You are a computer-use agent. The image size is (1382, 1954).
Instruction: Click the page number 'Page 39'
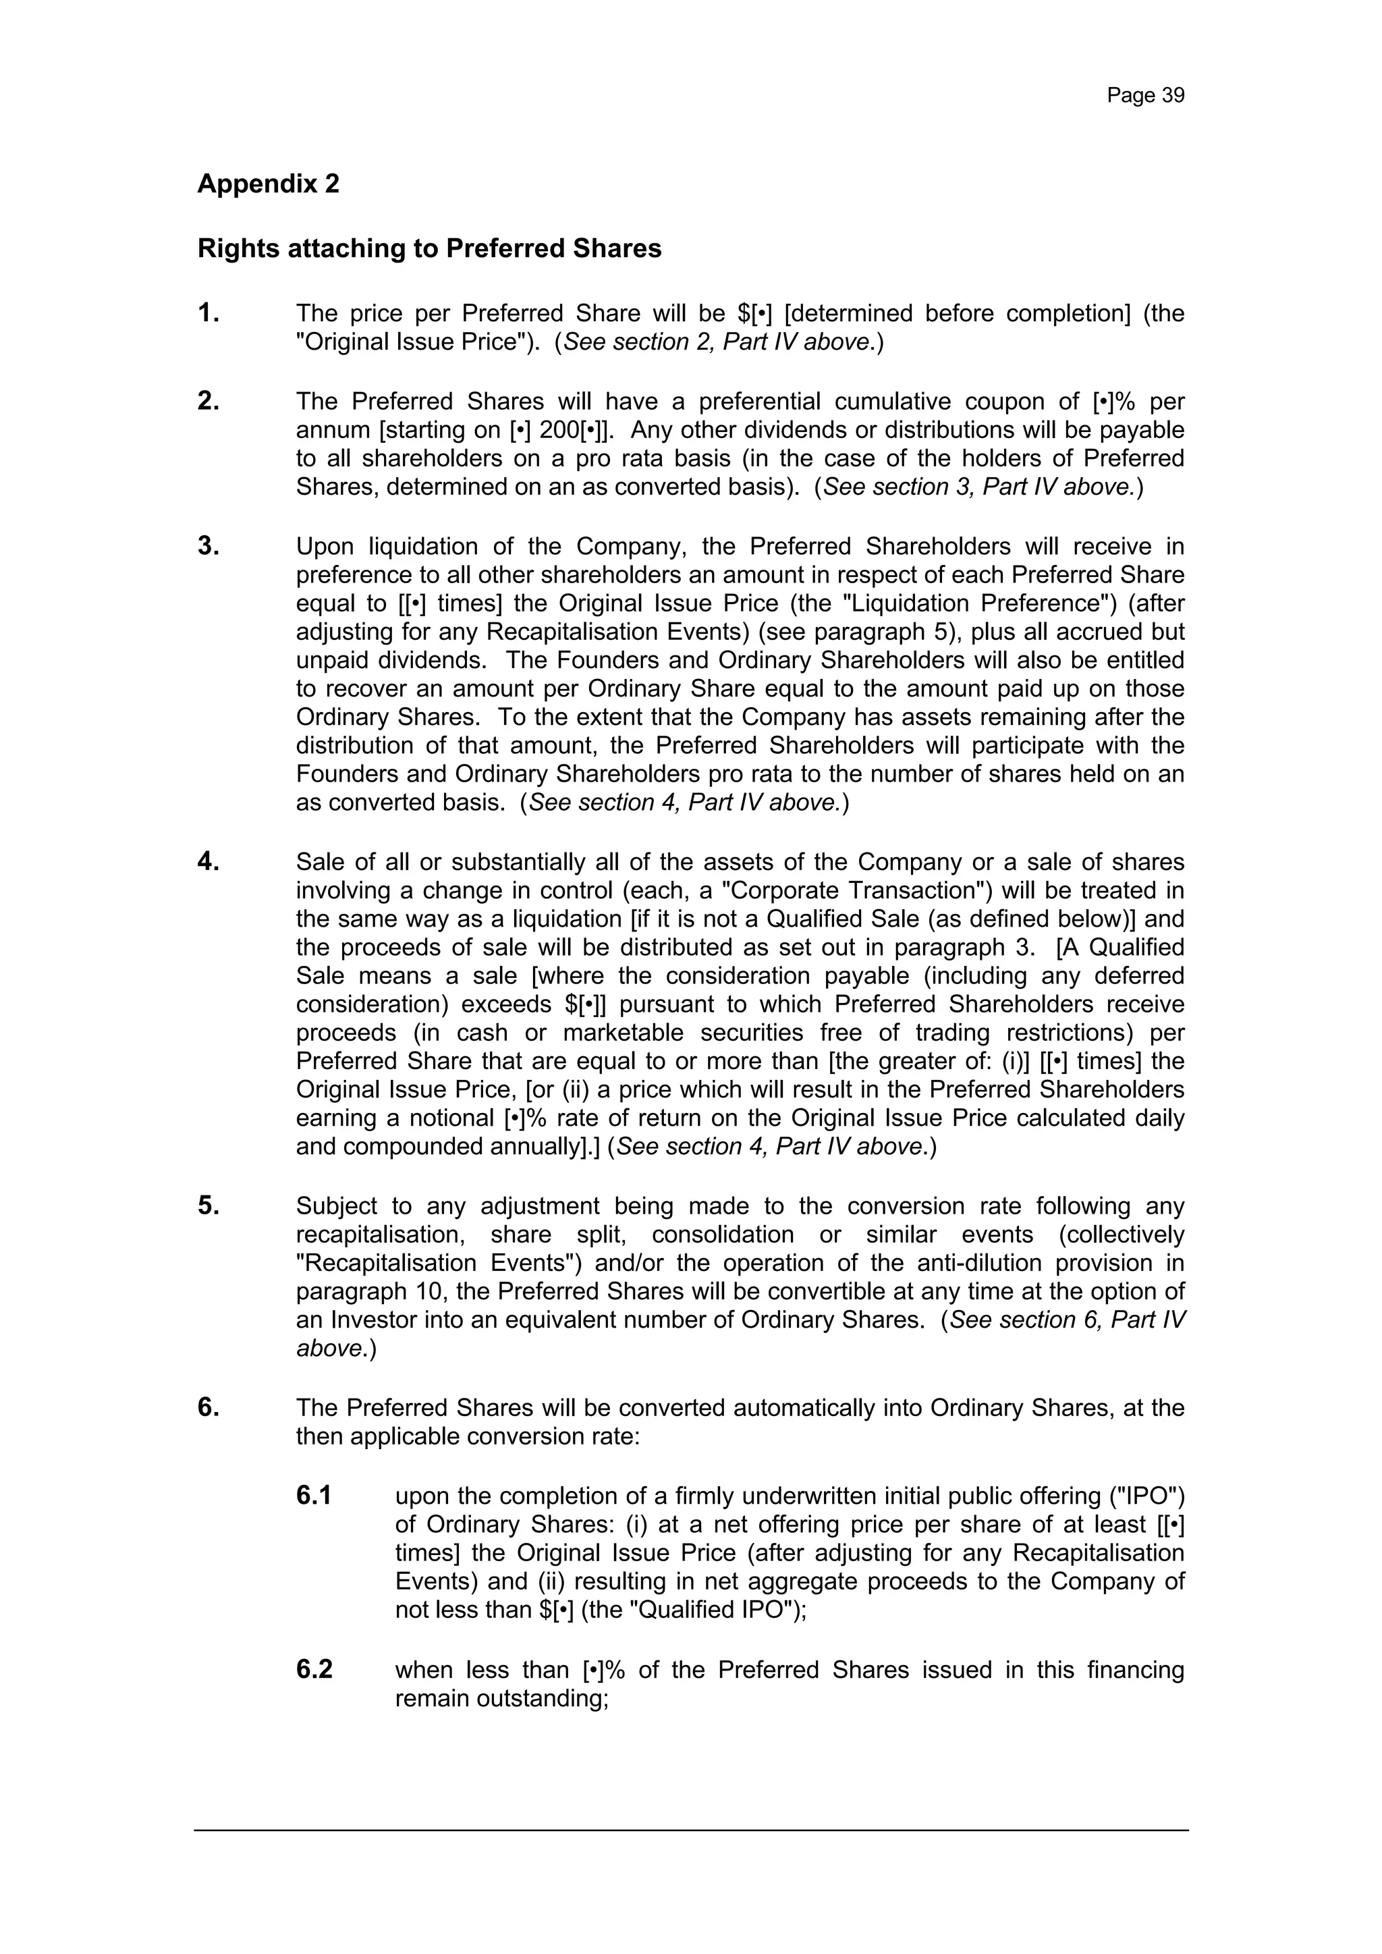pos(1144,95)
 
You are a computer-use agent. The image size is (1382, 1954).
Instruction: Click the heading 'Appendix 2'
pos(268,183)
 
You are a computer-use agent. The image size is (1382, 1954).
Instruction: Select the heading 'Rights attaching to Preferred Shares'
pos(429,248)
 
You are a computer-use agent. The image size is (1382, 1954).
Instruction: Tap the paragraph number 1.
pos(209,314)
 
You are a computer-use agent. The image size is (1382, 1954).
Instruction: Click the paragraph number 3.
pos(209,546)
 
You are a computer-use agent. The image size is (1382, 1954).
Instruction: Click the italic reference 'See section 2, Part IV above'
pos(719,342)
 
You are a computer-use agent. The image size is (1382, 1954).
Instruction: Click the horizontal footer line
pos(691,1830)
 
